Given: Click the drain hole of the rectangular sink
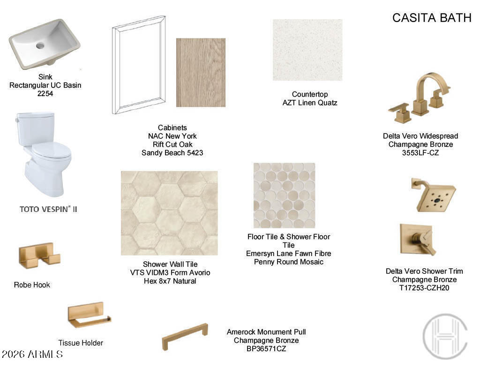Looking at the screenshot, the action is coord(40,45).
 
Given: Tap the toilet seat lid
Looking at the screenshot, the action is coord(52,150).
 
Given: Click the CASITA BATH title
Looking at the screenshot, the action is coord(432,18).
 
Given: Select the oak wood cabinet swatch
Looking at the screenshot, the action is coord(201,73).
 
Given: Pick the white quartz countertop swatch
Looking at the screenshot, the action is coord(307,50).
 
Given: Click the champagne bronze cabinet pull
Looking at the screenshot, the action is coord(185,336).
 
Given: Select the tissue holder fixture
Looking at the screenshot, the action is coord(89,315).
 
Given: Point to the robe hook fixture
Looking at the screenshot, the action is coord(39,256).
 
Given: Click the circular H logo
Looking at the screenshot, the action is coord(445,336).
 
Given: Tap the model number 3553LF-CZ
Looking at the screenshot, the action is coord(420,152).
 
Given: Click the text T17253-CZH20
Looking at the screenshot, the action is coord(424,288).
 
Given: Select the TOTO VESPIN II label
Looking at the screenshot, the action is coord(48,209).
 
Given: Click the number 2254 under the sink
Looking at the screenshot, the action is coord(45,93).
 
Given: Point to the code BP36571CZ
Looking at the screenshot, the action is coord(266,348).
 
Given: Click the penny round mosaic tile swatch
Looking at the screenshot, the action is coord(285,195).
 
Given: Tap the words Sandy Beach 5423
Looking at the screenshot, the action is coord(172,152).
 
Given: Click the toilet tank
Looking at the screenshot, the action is coord(36,128).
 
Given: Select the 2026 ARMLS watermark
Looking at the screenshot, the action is coord(32,354).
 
